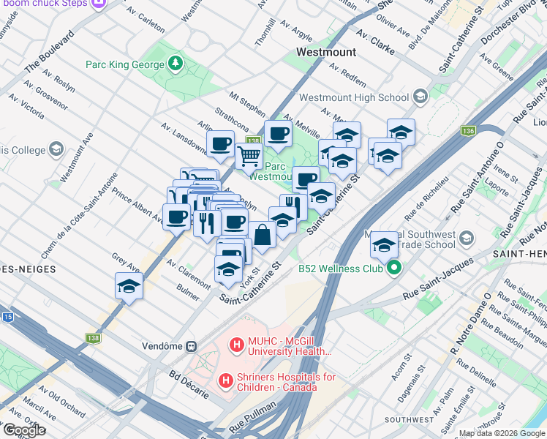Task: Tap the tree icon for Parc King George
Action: pos(176,65)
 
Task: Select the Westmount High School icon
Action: pos(420,97)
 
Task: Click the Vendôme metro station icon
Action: pos(192,345)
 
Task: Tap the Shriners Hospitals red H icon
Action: pos(227,381)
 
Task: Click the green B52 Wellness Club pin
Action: pos(394,269)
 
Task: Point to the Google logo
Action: pos(23,430)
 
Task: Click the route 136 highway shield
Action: pos(468,131)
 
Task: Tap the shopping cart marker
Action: pos(249,155)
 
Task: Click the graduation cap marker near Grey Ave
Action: pos(129,286)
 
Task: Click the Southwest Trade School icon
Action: pos(465,238)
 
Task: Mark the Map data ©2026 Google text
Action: pos(502,433)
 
